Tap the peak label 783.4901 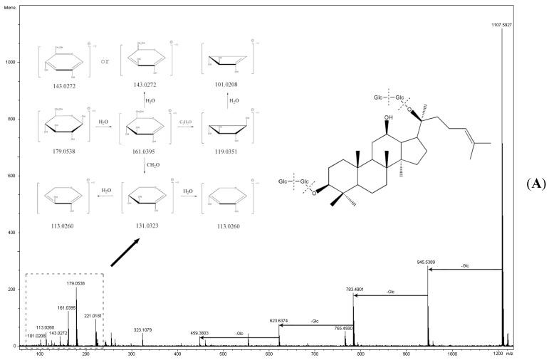(x=354, y=289)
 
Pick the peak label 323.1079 (x=144, y=329)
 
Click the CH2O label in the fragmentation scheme (x=153, y=164)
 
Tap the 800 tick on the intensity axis (x=12, y=119)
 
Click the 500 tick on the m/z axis (x=223, y=353)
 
